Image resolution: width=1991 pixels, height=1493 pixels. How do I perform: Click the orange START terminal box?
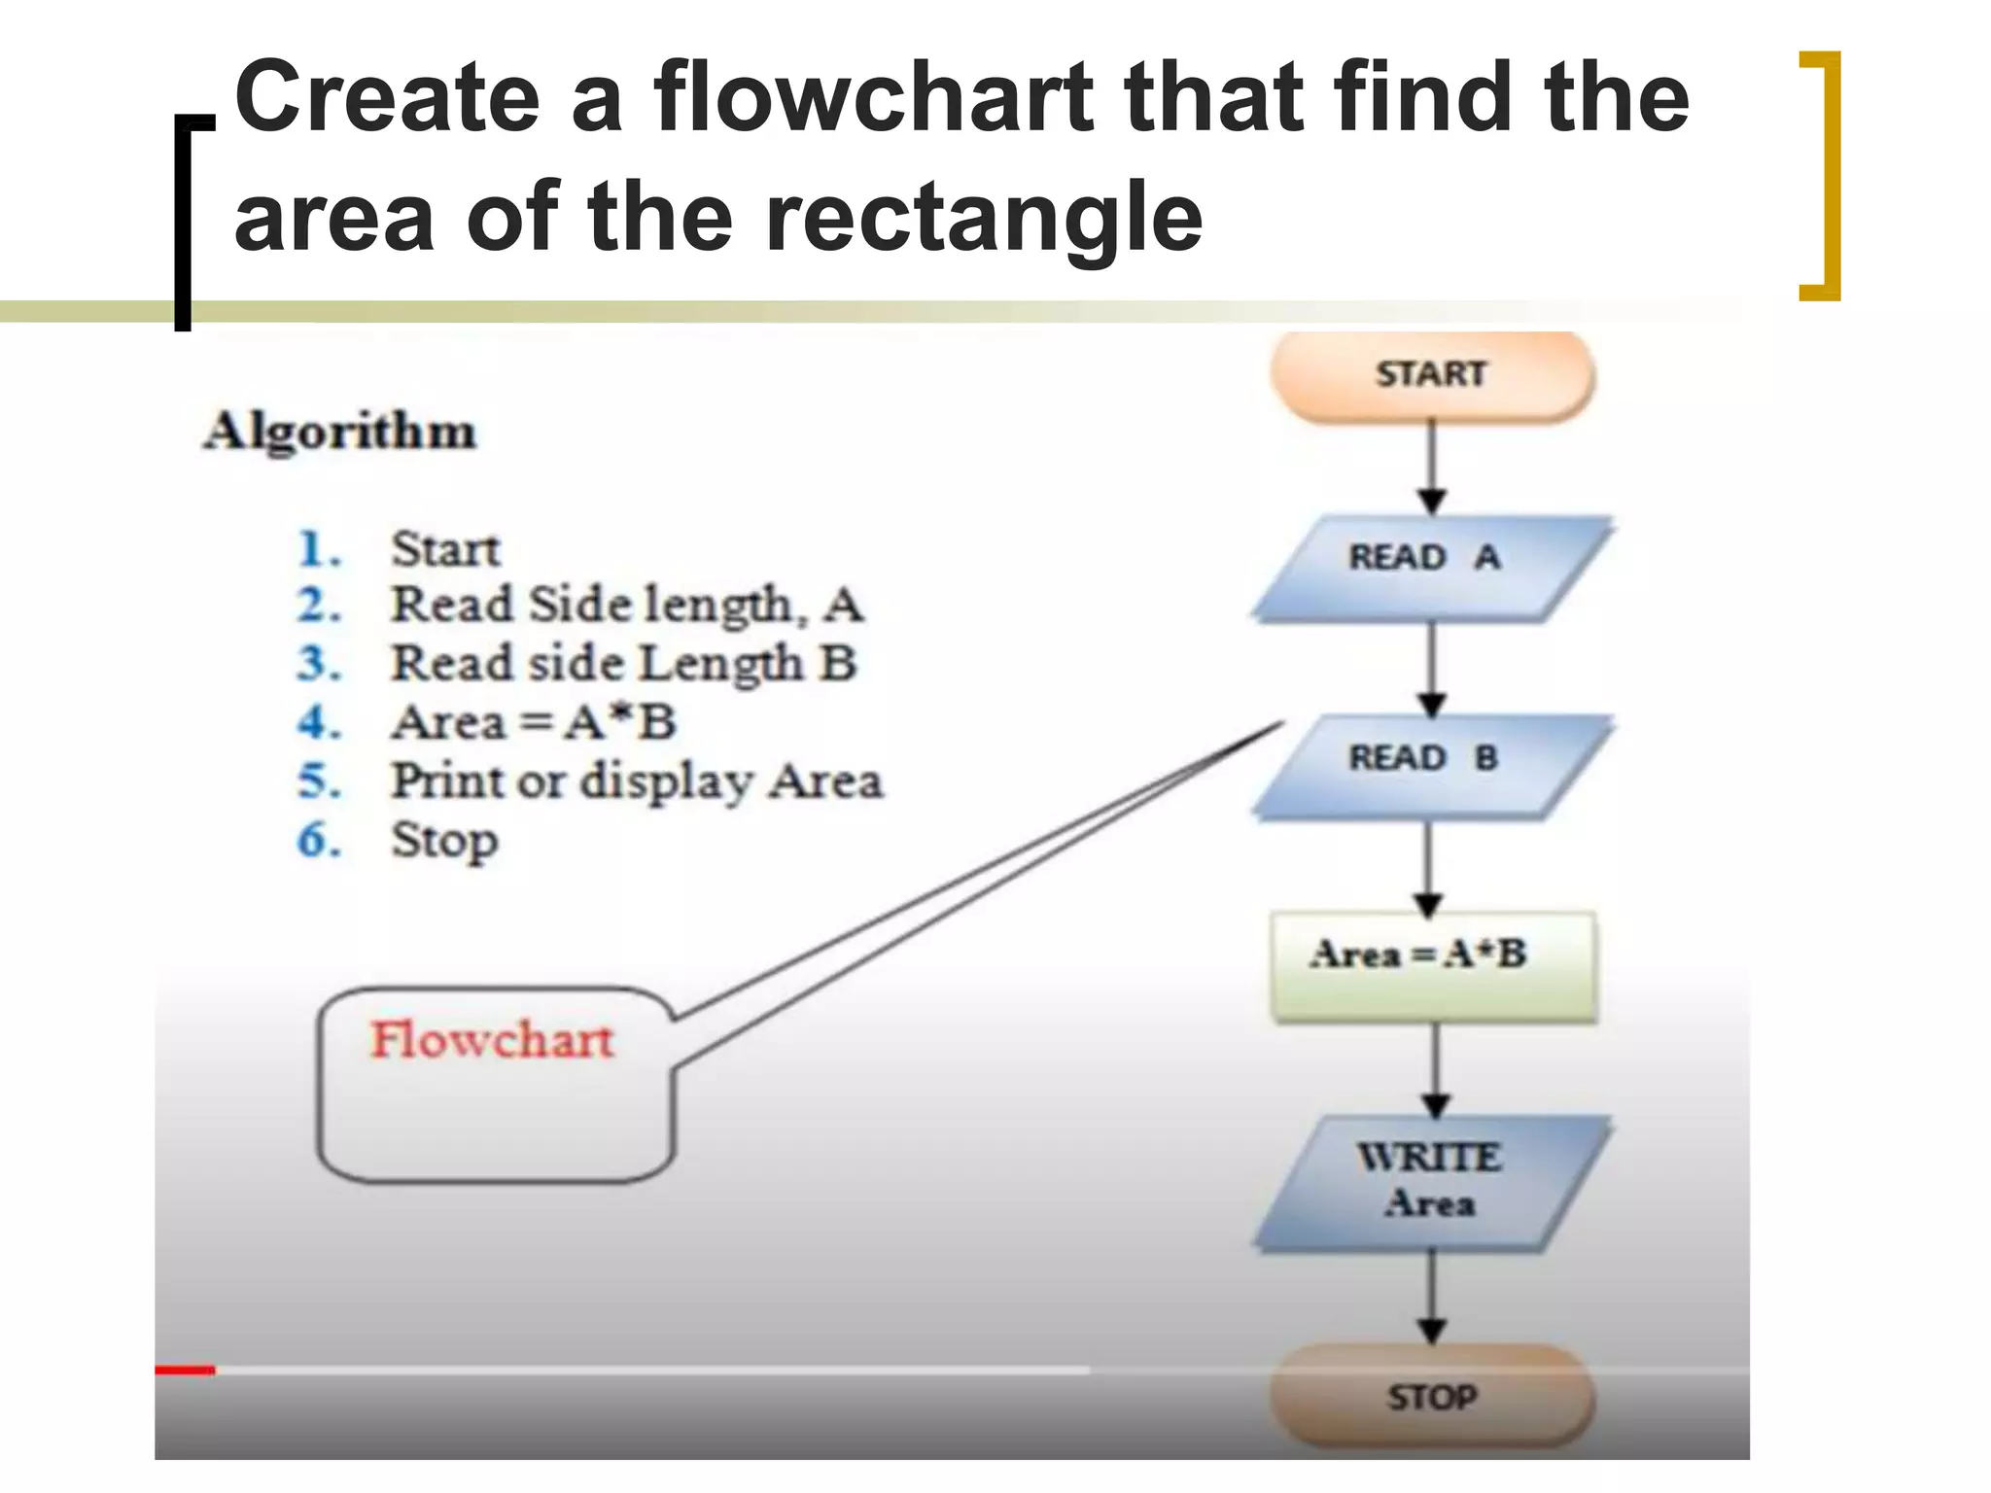1431,375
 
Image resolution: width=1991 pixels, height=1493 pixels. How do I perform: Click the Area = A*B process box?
1431,964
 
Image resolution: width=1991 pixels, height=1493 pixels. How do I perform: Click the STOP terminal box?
1431,1396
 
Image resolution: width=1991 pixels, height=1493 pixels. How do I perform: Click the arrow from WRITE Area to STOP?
1431,1298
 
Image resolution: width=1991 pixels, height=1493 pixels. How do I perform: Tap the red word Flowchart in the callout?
492,1040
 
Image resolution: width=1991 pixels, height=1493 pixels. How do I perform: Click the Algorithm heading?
339,431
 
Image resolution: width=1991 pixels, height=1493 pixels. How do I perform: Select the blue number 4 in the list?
318,722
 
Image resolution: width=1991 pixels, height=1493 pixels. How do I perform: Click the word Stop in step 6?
444,841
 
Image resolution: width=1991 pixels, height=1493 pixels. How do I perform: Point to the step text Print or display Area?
636,781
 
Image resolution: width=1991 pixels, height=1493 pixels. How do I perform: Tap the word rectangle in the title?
982,216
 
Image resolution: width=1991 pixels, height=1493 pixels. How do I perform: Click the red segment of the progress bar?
185,1371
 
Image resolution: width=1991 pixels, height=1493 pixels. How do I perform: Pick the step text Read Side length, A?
626,605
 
